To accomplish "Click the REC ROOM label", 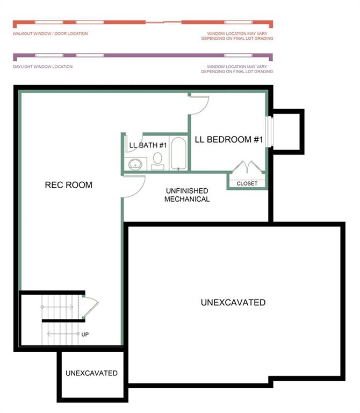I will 68,185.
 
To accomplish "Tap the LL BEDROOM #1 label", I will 228,140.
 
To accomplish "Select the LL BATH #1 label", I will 149,145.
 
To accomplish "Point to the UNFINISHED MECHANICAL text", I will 186,195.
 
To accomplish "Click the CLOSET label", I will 247,183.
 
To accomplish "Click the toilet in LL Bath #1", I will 157,160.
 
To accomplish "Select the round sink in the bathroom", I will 135,163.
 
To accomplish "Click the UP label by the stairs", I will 85,334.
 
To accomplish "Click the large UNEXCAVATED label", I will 233,303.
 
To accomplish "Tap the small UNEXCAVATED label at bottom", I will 91,373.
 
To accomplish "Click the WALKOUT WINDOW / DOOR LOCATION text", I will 50,33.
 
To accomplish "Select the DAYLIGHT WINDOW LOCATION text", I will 42,67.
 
